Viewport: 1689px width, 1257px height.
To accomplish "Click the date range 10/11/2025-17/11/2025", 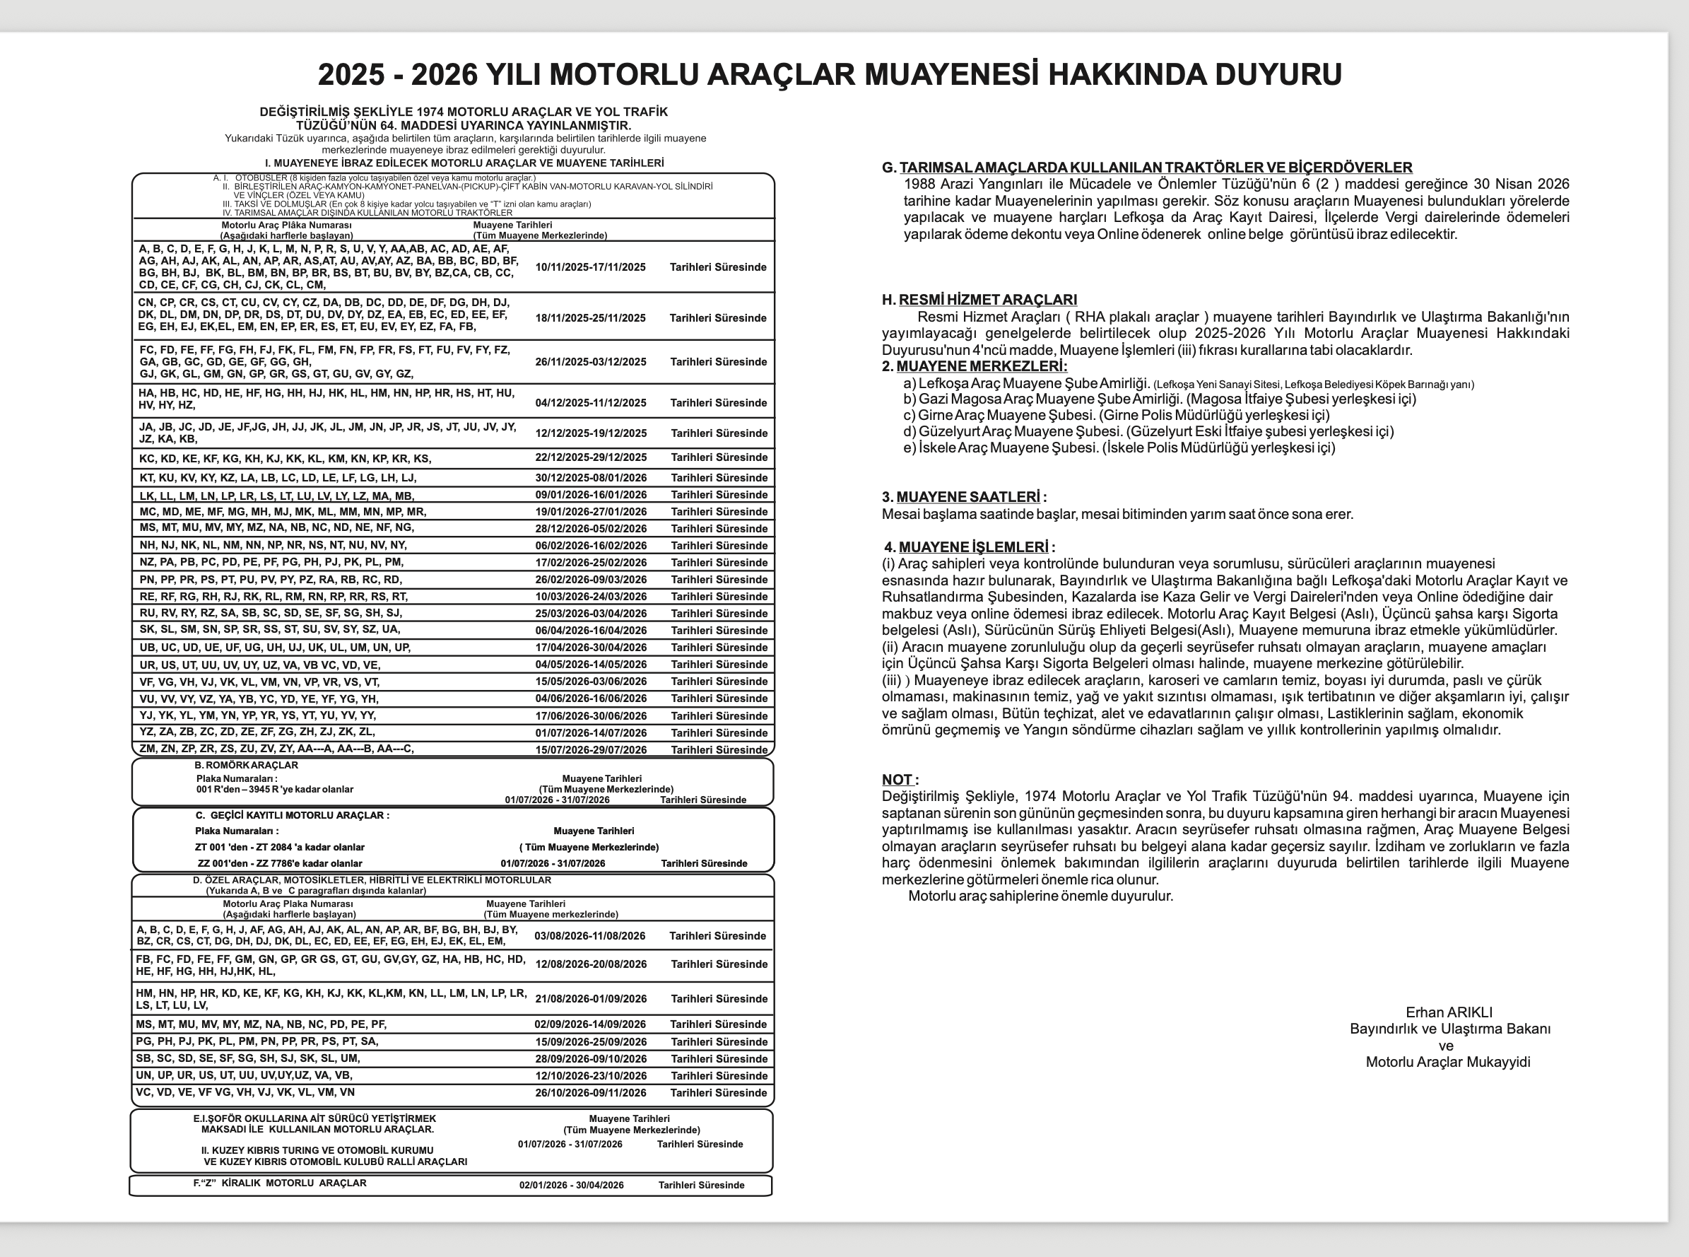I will (590, 267).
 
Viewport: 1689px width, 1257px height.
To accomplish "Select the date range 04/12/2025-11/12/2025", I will (591, 402).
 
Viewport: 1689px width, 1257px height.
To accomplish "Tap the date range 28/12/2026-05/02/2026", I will (591, 529).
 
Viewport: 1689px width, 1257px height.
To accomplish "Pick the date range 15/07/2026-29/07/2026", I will (591, 749).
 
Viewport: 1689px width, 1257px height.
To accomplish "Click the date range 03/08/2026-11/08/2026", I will (589, 936).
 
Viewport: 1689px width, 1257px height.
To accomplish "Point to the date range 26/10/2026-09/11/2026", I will (591, 1093).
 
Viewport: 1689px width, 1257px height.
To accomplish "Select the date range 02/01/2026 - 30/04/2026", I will (571, 1185).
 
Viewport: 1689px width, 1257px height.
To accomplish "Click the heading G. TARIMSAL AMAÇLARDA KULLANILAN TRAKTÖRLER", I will (1147, 168).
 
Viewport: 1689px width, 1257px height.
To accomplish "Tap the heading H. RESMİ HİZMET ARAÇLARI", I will (979, 300).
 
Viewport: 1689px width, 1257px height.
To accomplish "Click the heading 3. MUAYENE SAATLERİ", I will (963, 497).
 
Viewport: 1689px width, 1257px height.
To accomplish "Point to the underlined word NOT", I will (898, 779).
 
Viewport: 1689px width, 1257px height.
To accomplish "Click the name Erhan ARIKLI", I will (1449, 1012).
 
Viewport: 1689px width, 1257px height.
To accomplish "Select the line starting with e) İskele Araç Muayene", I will (1119, 448).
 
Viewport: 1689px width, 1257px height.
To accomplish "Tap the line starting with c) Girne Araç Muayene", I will (1117, 415).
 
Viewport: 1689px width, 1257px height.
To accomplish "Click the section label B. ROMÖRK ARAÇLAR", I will (246, 765).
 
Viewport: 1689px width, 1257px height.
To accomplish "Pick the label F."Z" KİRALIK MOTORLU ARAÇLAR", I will (279, 1183).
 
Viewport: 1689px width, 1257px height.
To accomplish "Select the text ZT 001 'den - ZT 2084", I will (279, 847).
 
